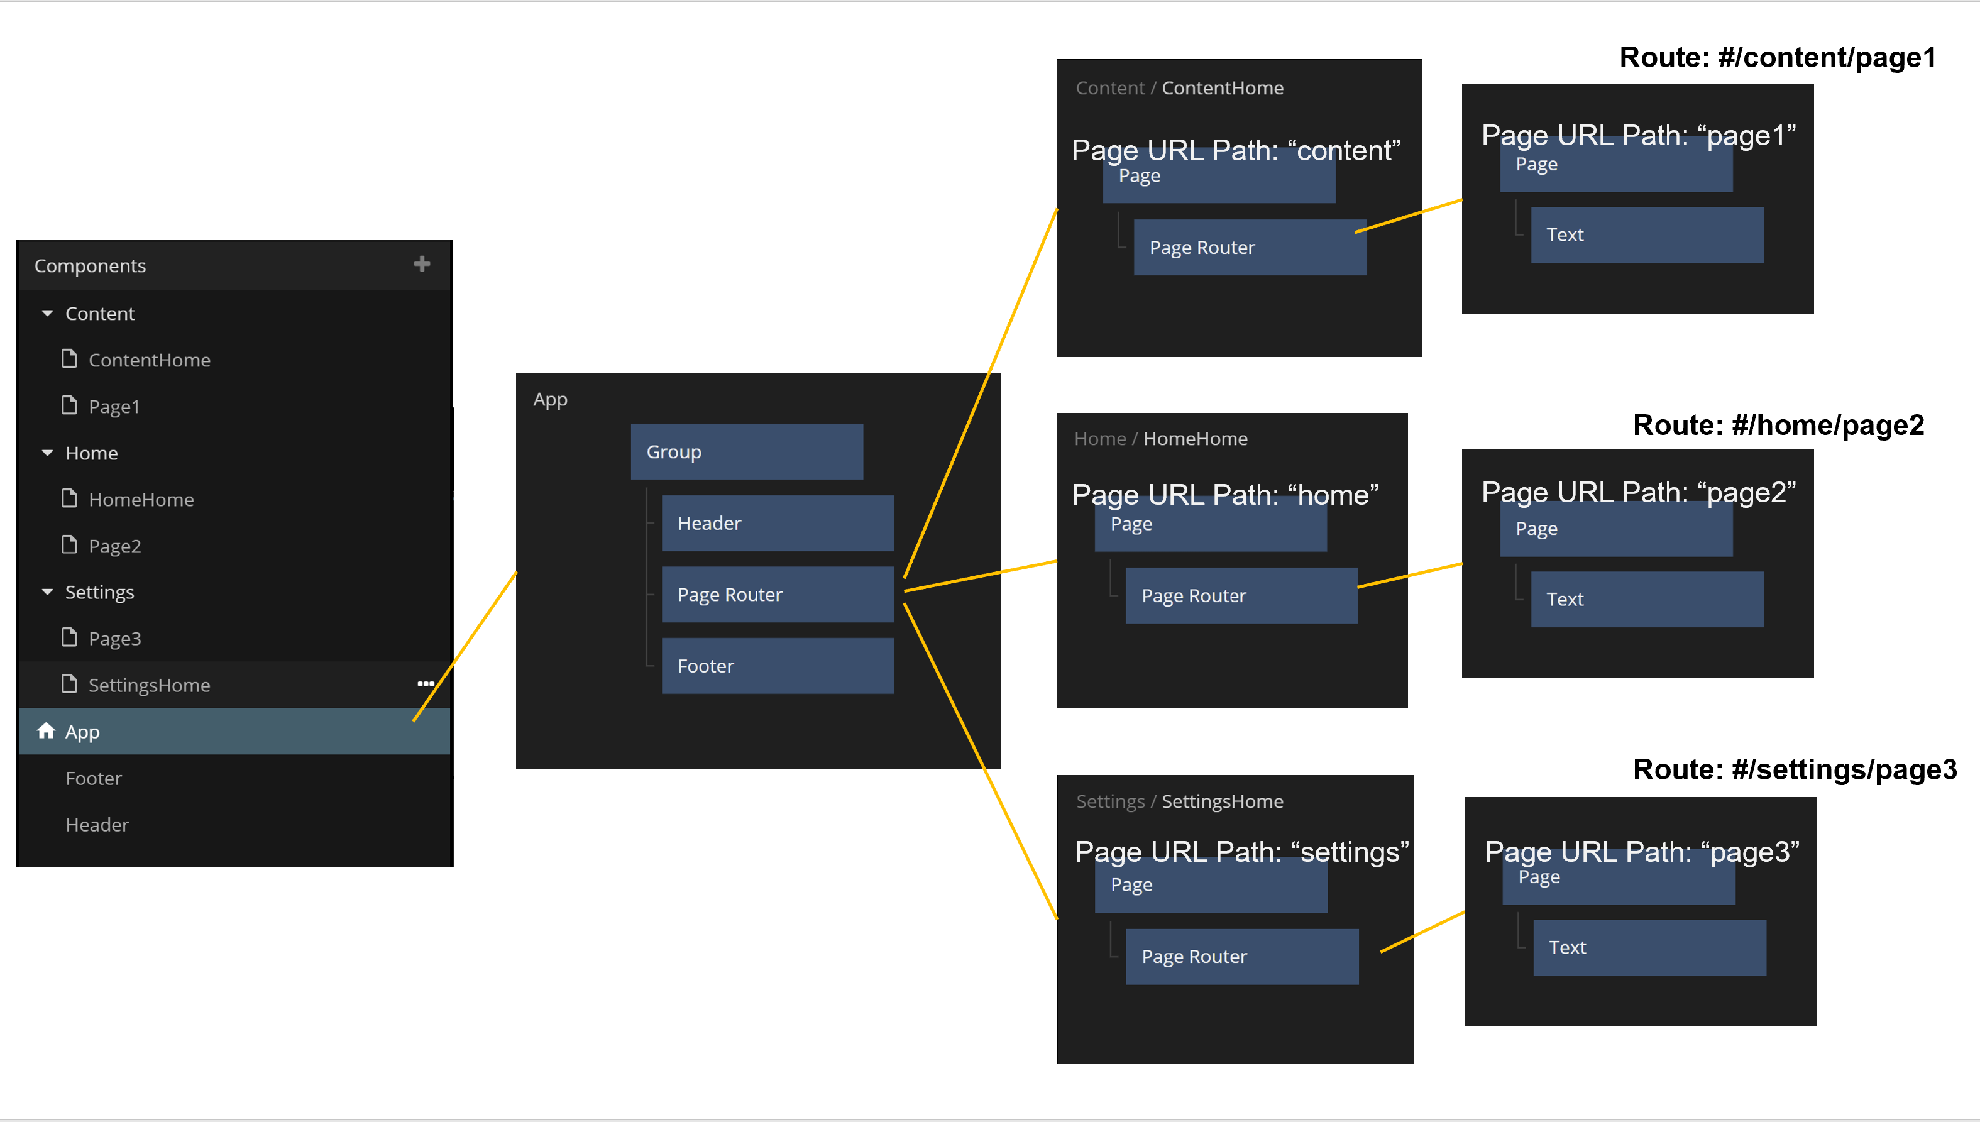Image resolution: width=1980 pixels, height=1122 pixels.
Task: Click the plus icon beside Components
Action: point(421,265)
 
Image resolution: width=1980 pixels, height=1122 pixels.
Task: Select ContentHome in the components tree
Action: point(149,360)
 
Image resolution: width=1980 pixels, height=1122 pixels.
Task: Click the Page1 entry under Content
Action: point(114,406)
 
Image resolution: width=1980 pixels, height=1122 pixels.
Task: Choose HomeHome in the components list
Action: point(141,499)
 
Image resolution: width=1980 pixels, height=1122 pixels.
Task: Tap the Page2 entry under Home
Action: point(114,546)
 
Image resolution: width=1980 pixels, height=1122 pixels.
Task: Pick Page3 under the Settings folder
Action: point(114,638)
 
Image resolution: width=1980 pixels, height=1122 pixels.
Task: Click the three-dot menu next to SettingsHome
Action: point(426,683)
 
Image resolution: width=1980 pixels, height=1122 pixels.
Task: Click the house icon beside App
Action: point(47,730)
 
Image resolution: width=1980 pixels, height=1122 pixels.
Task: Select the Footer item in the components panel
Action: point(93,778)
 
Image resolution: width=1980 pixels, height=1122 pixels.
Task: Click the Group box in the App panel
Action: point(745,451)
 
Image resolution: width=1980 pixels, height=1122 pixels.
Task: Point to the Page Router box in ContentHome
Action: point(1249,248)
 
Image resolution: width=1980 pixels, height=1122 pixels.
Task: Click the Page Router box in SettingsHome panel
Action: point(1241,956)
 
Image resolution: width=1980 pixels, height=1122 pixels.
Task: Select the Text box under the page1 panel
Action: point(1646,234)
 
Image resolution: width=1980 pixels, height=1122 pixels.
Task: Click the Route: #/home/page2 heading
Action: point(1778,425)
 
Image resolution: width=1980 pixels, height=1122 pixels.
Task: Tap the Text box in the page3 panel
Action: point(1649,947)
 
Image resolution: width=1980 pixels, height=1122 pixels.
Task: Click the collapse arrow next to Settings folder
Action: point(48,592)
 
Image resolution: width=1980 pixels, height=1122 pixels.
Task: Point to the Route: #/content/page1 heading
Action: point(1778,57)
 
